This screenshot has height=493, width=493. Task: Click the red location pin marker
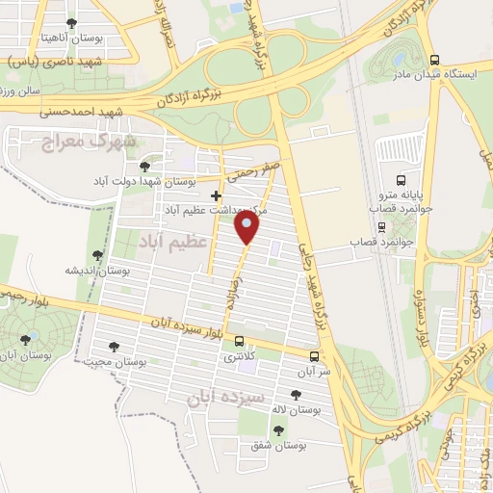click(x=247, y=227)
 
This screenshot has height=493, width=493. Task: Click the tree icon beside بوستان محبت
click(x=115, y=347)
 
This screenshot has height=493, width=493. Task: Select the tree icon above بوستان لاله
click(x=295, y=395)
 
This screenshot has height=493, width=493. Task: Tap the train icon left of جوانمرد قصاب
click(x=383, y=229)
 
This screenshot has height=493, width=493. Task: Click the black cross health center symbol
click(x=216, y=196)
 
